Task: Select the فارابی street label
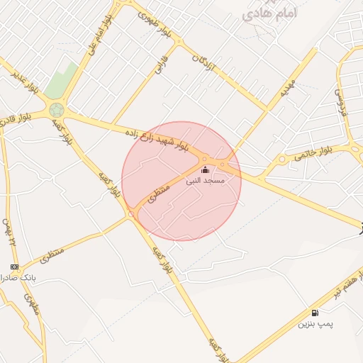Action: [160, 65]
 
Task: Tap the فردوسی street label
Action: [341, 99]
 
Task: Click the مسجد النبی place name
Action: [206, 181]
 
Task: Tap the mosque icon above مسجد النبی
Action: [206, 170]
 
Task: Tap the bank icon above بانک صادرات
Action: [15, 267]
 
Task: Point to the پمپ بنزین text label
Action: [315, 324]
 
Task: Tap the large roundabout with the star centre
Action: [57, 111]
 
